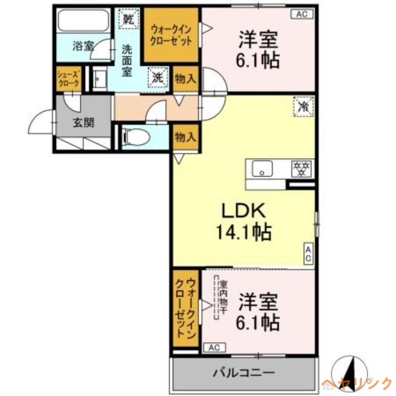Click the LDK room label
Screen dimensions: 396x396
click(244, 211)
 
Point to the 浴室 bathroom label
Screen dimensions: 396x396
click(83, 47)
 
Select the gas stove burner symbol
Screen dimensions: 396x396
click(301, 168)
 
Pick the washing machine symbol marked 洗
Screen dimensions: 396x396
click(157, 77)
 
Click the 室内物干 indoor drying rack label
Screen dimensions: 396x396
click(224, 296)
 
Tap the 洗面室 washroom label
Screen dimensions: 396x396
click(127, 60)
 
